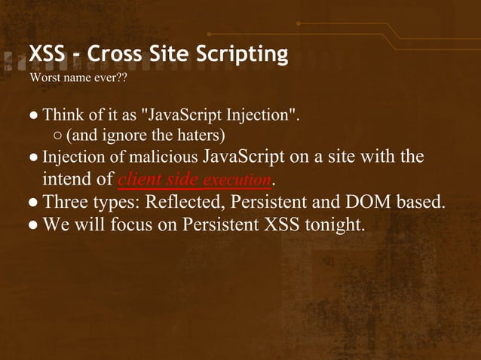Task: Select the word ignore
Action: pyautogui.click(x=120, y=136)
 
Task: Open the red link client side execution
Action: pyautogui.click(x=195, y=180)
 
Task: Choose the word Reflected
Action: pyautogui.click(x=185, y=203)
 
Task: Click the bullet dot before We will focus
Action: pyautogui.click(x=34, y=225)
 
